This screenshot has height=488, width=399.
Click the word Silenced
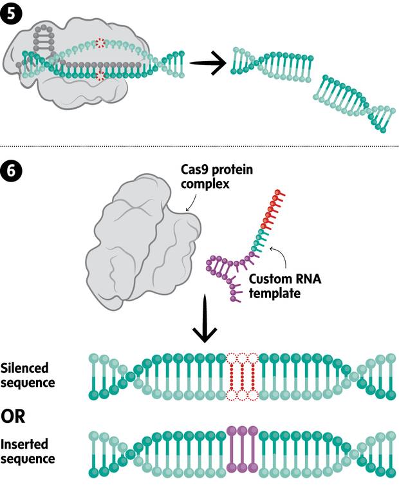click(x=25, y=368)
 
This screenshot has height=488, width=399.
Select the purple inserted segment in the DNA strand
click(x=242, y=450)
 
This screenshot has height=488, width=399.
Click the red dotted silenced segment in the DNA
click(x=242, y=377)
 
